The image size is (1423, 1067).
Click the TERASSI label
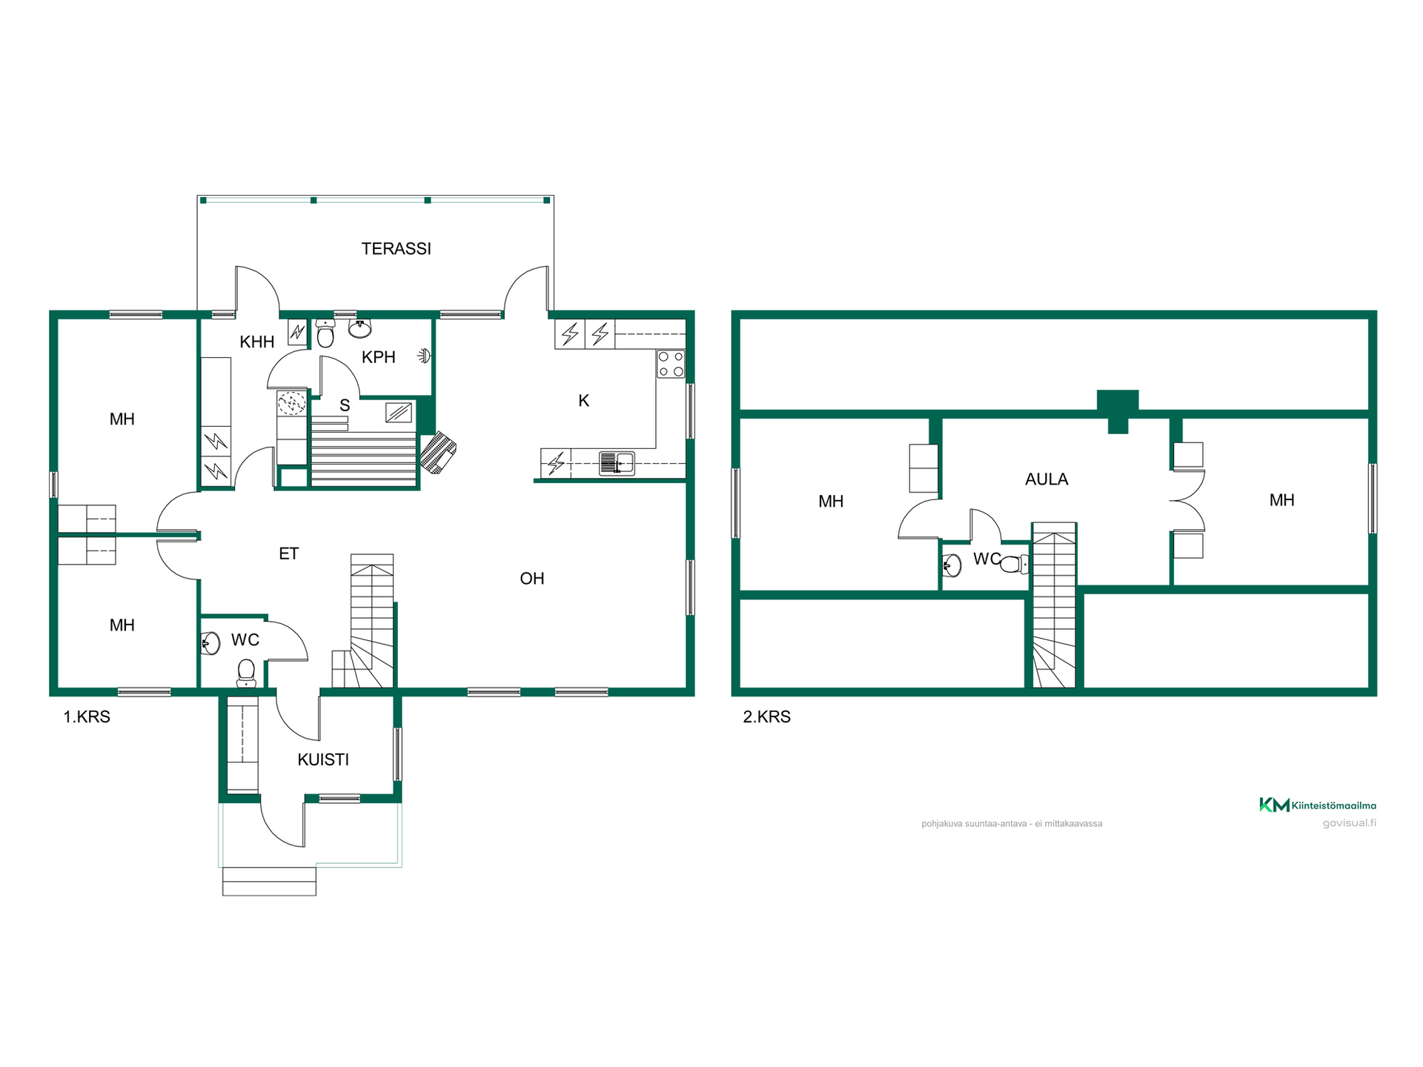[396, 249]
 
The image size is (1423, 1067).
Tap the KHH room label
[257, 342]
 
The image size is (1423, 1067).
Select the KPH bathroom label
[378, 357]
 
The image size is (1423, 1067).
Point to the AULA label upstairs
[1046, 479]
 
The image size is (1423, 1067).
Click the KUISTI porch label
[323, 759]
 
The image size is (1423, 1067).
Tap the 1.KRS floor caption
[87, 717]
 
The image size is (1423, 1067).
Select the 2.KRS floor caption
[767, 717]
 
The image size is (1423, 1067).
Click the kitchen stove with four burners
[671, 364]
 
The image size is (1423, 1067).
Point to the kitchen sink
[617, 463]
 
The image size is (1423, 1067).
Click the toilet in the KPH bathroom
[325, 333]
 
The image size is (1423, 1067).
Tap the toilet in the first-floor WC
[246, 673]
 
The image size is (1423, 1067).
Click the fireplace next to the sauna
[438, 452]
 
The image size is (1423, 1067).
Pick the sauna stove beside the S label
[399, 412]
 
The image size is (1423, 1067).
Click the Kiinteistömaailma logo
[1318, 805]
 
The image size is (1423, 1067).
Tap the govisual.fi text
[1350, 823]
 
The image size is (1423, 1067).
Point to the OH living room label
[532, 579]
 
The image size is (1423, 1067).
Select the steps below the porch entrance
[269, 881]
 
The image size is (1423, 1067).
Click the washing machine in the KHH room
[292, 403]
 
